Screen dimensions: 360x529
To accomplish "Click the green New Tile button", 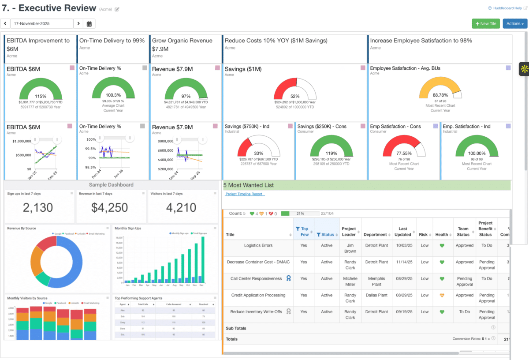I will click(x=485, y=24).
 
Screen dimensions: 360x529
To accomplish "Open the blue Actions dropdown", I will click(x=515, y=24).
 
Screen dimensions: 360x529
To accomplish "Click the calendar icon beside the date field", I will click(x=89, y=24).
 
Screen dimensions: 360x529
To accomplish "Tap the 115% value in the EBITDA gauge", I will click(x=41, y=96).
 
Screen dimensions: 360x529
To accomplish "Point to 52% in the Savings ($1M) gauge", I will click(x=295, y=96).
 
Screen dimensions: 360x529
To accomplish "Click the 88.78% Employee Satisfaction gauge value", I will click(x=440, y=95).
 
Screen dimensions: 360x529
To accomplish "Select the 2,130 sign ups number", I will click(x=38, y=207).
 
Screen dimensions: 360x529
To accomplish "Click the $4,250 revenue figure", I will click(x=110, y=207).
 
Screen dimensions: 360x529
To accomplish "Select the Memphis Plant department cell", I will click(x=377, y=281).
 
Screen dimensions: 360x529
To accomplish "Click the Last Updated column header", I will click(x=403, y=232).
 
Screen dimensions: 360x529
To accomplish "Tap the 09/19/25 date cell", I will click(x=403, y=312).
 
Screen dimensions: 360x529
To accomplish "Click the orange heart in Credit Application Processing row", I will click(x=442, y=296).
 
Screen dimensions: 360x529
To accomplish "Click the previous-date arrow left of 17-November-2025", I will click(x=5, y=24).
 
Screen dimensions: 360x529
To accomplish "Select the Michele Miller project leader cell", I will click(x=350, y=281).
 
